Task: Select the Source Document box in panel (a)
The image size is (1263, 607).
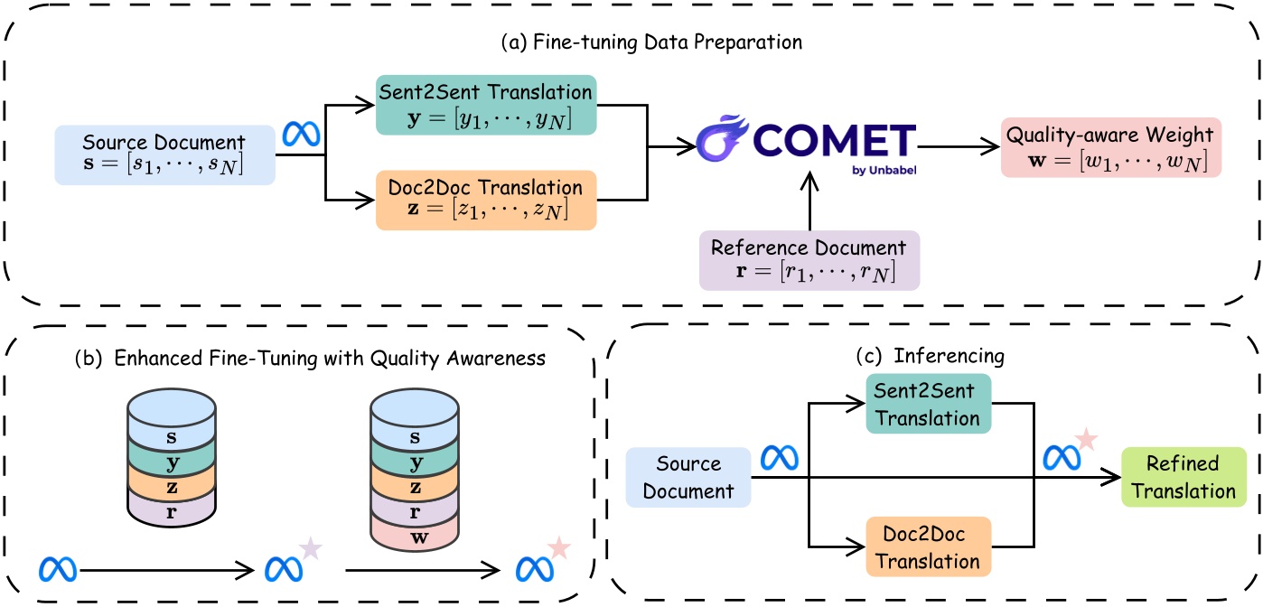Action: point(164,154)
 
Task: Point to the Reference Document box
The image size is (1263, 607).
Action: point(821,259)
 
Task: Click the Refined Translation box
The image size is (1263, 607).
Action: point(1183,478)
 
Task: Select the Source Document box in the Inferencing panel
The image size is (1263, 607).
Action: point(688,478)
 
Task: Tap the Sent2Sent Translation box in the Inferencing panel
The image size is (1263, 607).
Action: point(928,403)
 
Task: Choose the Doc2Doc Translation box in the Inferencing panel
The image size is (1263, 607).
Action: point(928,547)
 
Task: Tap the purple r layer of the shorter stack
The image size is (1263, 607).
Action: point(172,510)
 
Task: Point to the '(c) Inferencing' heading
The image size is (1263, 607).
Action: point(930,357)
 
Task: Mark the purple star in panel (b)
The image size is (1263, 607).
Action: point(311,548)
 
